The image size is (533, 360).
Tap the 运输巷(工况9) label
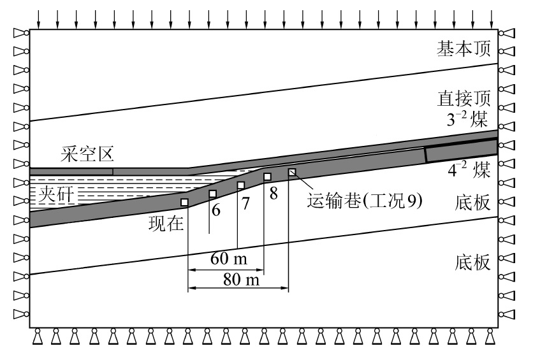pos(365,199)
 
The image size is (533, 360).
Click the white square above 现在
pos(185,202)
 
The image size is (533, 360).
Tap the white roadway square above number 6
pos(213,194)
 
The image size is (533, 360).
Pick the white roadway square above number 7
pos(241,185)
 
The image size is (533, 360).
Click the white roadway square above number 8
pos(268,176)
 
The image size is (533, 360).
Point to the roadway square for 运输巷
pos(292,172)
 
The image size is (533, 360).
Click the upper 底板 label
pos(472,203)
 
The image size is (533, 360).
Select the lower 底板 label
pos(472,262)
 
